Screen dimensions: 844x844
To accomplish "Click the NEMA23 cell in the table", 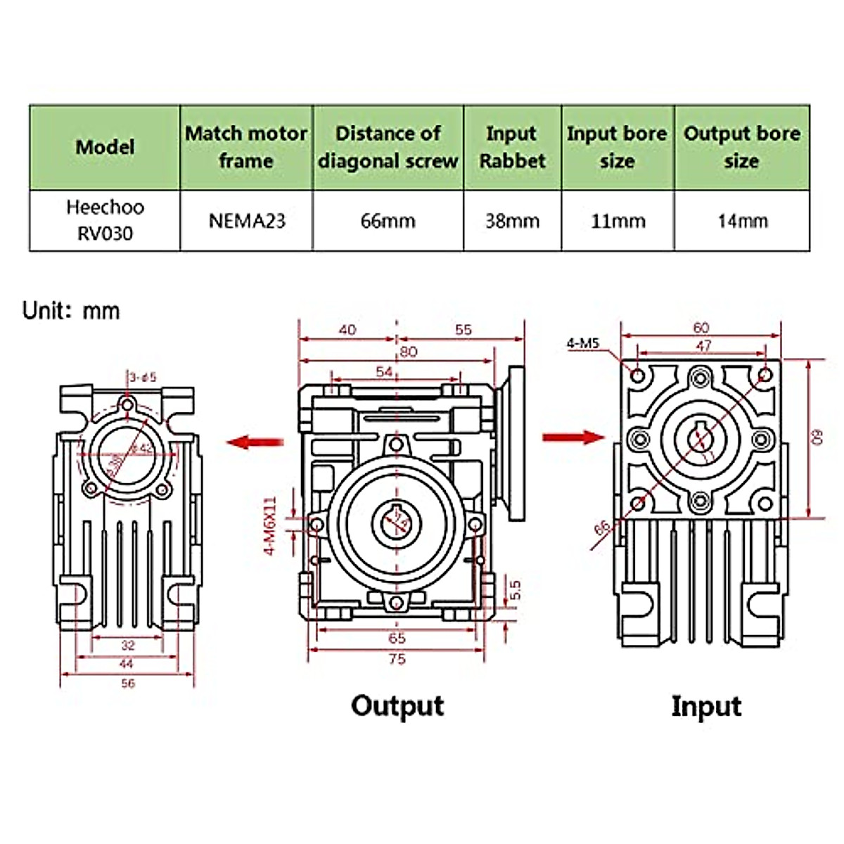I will pos(247,221).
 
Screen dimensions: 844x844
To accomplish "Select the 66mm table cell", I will pos(388,221).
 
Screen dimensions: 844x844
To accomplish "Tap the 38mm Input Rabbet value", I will pos(512,221).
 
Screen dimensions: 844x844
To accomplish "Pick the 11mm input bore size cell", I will pos(618,221).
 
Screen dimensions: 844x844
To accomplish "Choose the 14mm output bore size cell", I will pos(742,221).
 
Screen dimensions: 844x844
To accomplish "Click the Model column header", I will pos(105,147).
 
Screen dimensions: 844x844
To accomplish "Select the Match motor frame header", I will pos(246,147).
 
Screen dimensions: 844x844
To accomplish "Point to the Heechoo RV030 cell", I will pos(105,220).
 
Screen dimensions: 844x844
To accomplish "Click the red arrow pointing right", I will pos(573,437).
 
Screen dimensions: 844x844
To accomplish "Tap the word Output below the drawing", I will pos(397,705).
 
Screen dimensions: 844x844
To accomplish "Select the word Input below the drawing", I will pos(706,706).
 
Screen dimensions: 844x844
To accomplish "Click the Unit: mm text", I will pos(71,310).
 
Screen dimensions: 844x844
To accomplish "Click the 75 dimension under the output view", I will pos(397,659).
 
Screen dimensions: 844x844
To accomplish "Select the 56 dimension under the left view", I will pos(127,683).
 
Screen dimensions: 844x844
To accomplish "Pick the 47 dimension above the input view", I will pos(703,345).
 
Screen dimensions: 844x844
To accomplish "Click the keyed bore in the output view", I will pos(397,521).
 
